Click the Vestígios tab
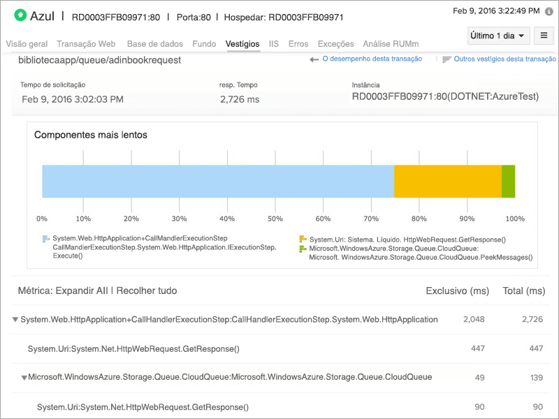pos(242,43)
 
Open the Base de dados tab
pos(155,43)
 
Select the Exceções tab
pos(335,43)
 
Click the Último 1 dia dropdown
pos(497,36)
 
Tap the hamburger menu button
pos(542,36)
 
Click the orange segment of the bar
pos(448,182)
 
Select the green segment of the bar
pos(508,182)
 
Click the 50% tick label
pos(274,219)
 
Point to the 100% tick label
pos(514,219)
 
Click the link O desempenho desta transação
pos(372,59)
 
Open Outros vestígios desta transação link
pos(504,59)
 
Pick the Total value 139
pos(537,377)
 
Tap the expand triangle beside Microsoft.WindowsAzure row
pos(24,378)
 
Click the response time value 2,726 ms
pos(239,99)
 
